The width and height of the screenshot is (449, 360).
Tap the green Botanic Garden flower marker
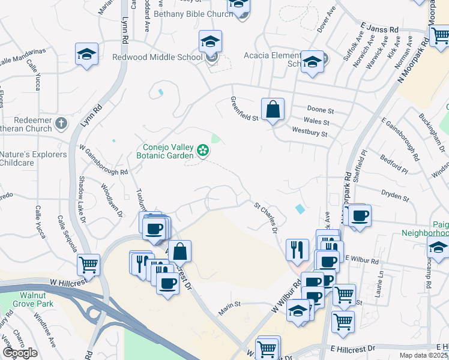point(203,150)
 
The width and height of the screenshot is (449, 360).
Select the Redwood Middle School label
point(157,57)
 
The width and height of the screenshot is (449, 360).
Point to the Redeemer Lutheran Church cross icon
point(61,124)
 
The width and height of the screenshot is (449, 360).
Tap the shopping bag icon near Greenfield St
point(273,110)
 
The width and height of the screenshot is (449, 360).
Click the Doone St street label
point(320,110)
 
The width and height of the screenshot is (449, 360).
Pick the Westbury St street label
point(309,131)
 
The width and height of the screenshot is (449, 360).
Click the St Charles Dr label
point(267,217)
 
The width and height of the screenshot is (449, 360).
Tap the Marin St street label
point(229,305)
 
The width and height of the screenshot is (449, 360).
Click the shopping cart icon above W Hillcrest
point(89,263)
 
